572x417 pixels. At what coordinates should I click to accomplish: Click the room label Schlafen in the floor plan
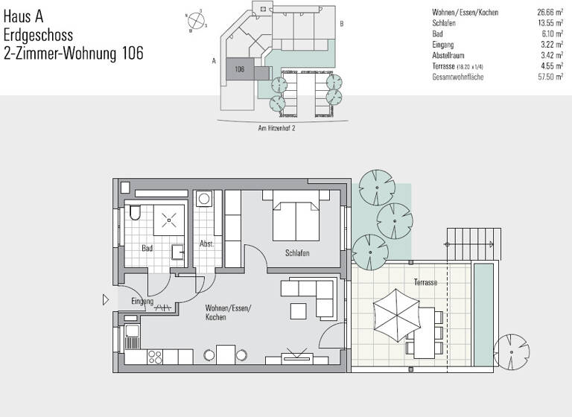(296, 254)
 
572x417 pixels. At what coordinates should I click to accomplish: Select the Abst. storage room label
(206, 244)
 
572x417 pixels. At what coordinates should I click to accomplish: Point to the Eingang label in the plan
(142, 302)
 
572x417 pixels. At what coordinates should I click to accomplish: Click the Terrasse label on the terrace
(425, 284)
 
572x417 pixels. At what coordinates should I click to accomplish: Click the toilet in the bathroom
(134, 214)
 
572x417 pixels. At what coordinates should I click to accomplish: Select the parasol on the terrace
(393, 313)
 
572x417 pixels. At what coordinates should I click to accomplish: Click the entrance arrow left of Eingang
(106, 301)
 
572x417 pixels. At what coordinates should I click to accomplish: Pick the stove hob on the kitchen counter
(157, 356)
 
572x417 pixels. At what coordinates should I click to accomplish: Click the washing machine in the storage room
(203, 200)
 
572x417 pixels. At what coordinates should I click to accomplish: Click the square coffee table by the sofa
(299, 311)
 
